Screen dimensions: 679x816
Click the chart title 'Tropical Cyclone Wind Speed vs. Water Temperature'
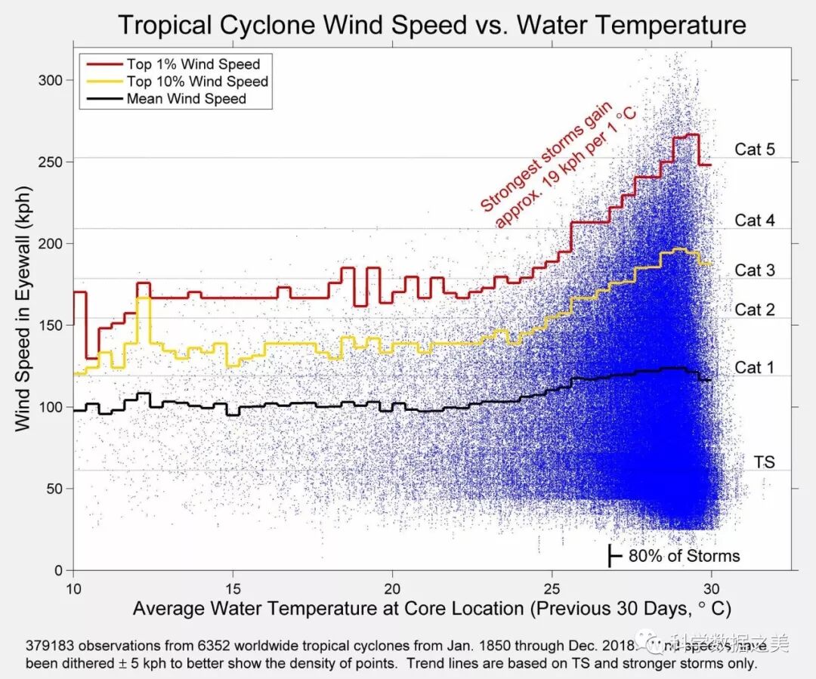click(431, 25)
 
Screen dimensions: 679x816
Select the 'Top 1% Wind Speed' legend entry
click(193, 64)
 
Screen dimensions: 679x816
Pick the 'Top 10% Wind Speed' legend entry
click(196, 82)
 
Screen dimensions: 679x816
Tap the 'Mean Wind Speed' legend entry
click(186, 99)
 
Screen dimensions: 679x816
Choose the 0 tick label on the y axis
click(58, 571)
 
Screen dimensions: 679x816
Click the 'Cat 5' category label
click(754, 150)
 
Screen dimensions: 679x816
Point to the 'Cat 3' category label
click(754, 270)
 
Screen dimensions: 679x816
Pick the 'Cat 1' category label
click(754, 368)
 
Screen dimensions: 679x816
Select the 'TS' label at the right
click(764, 462)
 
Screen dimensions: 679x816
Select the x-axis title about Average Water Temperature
click(431, 609)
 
